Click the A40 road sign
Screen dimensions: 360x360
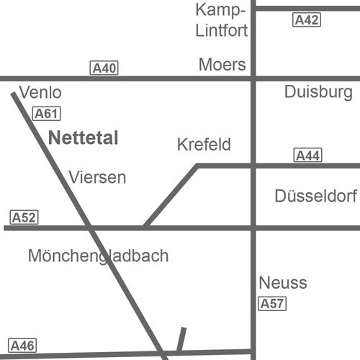coord(104,68)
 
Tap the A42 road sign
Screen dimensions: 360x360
coord(307,19)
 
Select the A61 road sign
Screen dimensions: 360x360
coord(46,113)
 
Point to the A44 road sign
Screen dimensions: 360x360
coord(307,155)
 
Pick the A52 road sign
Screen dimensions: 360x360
coord(24,217)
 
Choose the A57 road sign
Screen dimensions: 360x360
coord(272,304)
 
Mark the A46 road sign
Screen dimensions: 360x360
coord(22,346)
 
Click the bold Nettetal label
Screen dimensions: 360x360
coord(84,138)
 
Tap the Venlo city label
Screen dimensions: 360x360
coord(40,92)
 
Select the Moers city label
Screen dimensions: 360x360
coord(222,65)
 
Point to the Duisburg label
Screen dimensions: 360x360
coord(318,92)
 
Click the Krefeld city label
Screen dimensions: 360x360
coord(204,144)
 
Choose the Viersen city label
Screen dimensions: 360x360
coord(97,177)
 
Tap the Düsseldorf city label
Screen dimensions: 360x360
coord(316,196)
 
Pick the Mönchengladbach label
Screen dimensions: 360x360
coord(99,256)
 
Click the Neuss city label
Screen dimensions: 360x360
coord(283,282)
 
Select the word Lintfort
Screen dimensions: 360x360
coord(222,30)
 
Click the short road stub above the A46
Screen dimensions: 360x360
coord(181,339)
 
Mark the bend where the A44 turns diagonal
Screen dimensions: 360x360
coord(197,166)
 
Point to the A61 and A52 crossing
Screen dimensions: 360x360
coord(89,228)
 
